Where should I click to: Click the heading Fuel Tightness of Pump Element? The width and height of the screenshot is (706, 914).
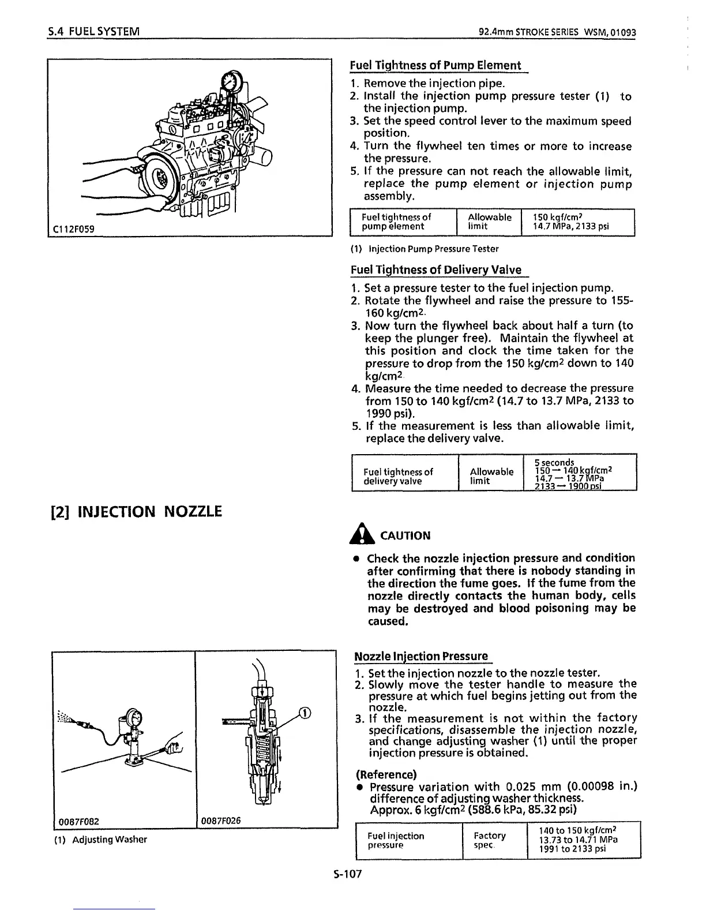435,65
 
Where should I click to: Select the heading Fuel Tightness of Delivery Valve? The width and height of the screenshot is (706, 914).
435,269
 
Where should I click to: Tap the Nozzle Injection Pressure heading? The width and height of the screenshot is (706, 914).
421,656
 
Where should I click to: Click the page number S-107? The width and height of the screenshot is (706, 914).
347,874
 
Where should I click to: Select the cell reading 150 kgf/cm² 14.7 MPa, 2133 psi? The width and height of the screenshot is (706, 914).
570,222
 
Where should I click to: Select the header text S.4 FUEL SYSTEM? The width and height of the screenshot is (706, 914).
94,30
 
